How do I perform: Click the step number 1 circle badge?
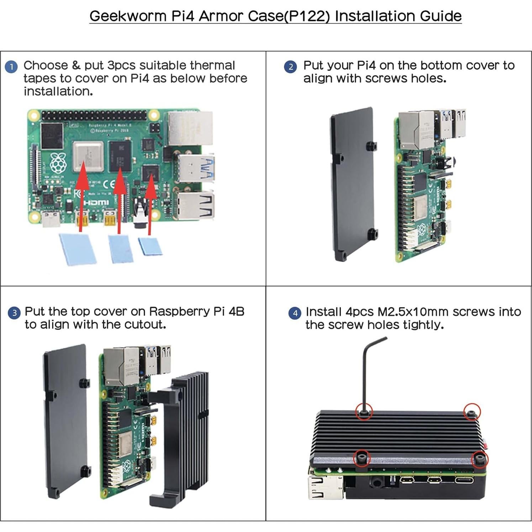[x=11, y=67]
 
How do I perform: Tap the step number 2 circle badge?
[x=291, y=67]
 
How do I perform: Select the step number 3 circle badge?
[x=14, y=313]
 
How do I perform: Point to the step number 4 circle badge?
[x=295, y=313]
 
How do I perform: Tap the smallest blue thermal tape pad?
[x=150, y=246]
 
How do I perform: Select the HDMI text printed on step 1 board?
[x=96, y=202]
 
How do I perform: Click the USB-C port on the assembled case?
[x=464, y=480]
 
